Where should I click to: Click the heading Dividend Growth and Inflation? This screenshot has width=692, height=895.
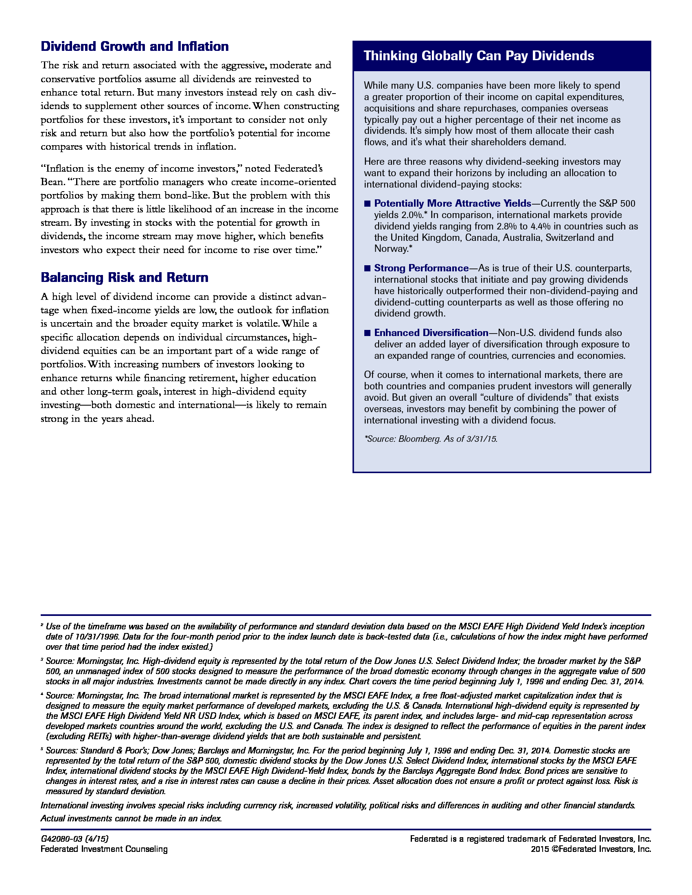click(134, 46)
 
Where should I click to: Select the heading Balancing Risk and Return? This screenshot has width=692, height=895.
click(124, 277)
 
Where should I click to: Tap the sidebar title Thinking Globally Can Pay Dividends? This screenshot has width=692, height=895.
click(478, 56)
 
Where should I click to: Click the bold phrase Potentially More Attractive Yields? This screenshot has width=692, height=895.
click(453, 204)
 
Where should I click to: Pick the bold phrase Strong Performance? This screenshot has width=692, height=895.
click(421, 268)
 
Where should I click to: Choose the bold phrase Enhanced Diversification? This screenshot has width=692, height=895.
click(431, 333)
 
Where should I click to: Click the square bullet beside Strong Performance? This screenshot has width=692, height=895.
click(367, 268)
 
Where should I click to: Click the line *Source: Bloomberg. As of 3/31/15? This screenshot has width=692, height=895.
click(430, 439)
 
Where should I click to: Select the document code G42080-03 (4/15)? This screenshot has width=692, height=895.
click(74, 838)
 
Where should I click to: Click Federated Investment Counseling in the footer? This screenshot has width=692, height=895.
click(104, 849)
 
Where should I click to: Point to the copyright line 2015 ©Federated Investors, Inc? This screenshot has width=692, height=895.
click(591, 849)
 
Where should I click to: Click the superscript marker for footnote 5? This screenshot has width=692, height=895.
click(42, 749)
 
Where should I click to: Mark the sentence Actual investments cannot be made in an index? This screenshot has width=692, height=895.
click(131, 819)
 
